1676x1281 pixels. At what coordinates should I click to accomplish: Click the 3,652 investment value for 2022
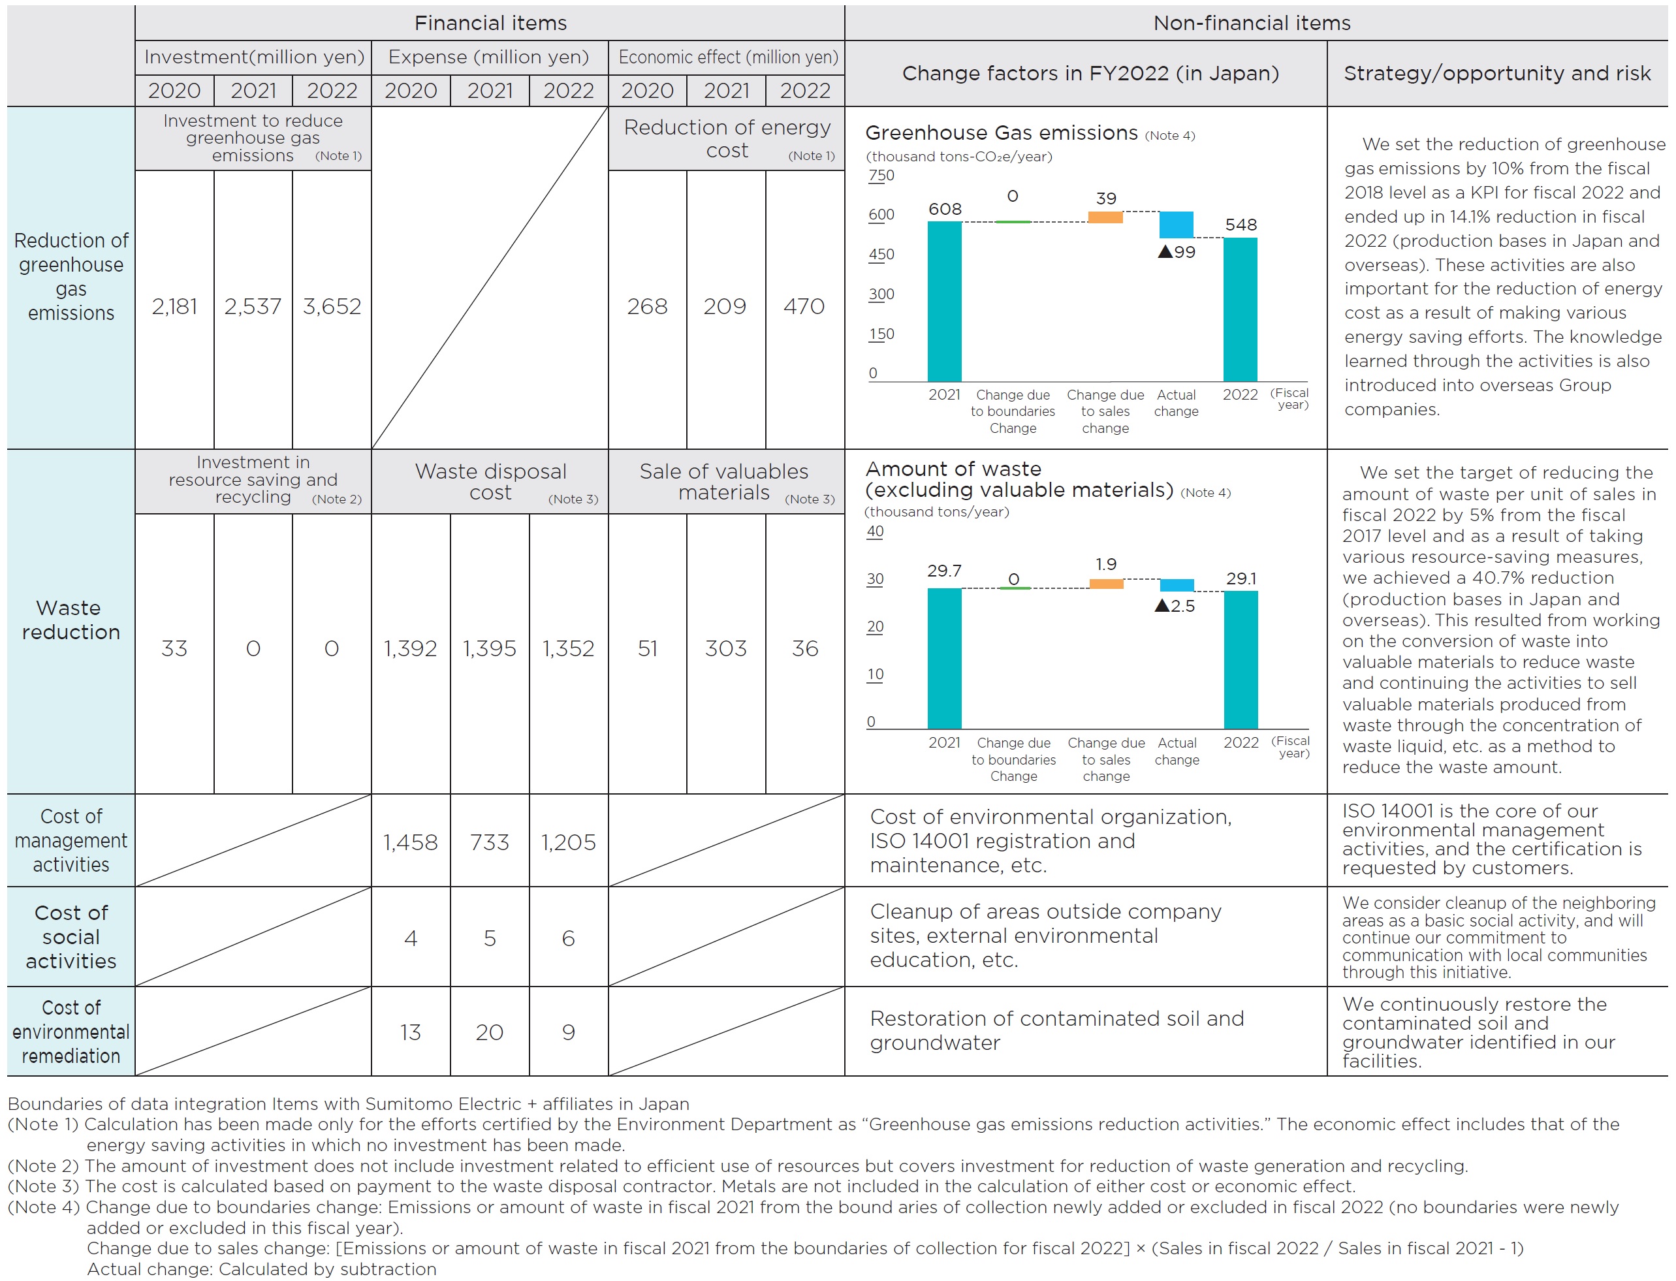(x=332, y=306)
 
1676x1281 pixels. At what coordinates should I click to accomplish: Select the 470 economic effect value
(x=804, y=306)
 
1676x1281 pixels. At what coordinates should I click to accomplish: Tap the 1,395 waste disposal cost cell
(x=490, y=649)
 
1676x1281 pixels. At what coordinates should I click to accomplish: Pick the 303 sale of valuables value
(x=726, y=649)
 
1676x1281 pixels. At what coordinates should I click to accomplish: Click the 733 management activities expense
(x=490, y=842)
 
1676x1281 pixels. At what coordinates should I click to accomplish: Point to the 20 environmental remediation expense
(x=490, y=1032)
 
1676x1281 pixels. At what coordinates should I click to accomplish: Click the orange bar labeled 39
(x=1105, y=217)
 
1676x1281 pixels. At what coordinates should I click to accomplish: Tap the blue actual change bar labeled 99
(x=1176, y=225)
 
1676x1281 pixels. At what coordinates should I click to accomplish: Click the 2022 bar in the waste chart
(x=1241, y=659)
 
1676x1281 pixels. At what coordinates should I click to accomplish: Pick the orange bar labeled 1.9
(x=1105, y=584)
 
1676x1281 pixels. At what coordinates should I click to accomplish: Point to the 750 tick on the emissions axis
(x=881, y=176)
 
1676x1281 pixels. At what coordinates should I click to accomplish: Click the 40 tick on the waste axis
(x=876, y=531)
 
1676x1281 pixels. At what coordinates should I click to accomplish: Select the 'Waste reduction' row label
(x=71, y=620)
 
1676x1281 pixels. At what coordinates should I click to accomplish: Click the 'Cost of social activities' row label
(x=71, y=937)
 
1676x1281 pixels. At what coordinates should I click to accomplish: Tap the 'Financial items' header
(x=490, y=24)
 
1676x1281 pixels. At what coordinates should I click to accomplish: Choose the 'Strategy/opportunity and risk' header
(x=1497, y=73)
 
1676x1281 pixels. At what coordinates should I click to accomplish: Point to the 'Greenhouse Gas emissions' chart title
(x=1001, y=133)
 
